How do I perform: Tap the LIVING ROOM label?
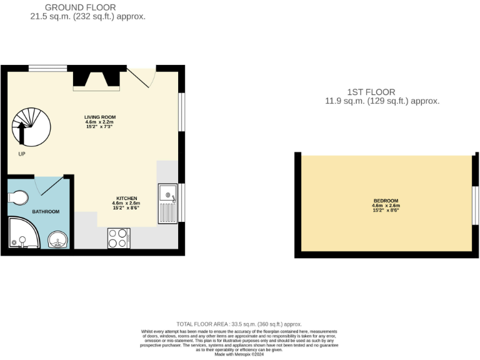(100, 117)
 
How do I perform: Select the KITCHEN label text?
(126, 198)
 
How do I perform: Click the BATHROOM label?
(46, 212)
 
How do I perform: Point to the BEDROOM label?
(386, 201)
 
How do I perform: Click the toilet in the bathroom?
(18, 198)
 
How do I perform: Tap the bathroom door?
(50, 185)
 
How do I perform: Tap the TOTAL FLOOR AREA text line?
(239, 324)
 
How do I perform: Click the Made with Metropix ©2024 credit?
(239, 354)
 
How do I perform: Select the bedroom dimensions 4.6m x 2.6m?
(386, 206)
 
